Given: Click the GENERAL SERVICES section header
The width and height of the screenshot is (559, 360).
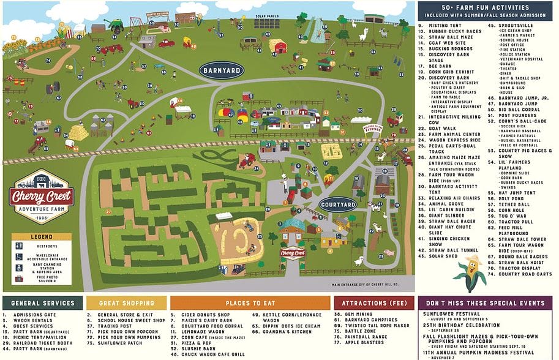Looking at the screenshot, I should click(42, 303).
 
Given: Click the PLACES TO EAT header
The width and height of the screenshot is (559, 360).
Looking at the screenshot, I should click(250, 303).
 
